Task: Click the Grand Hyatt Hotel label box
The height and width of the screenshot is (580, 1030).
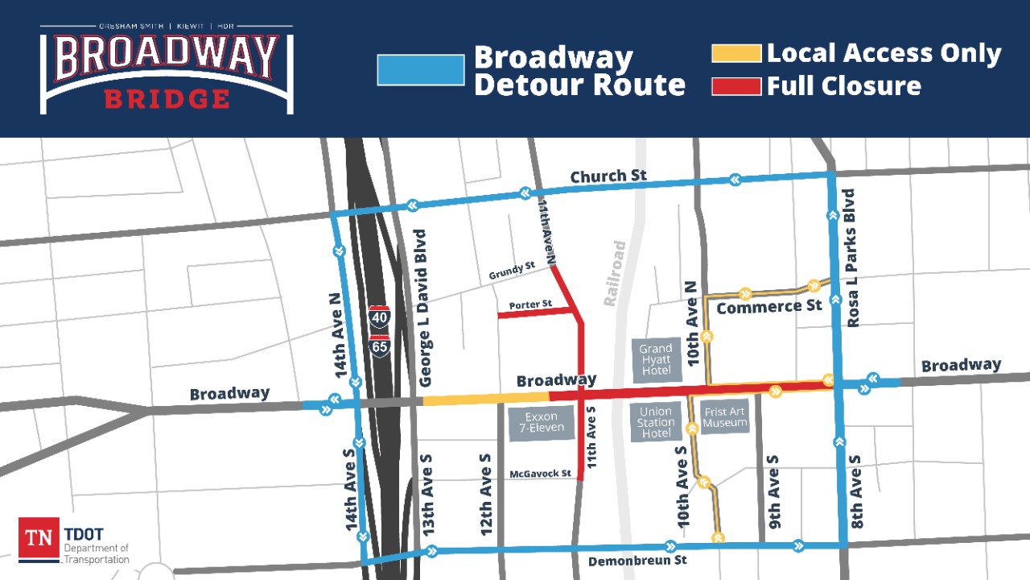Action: pos(656,359)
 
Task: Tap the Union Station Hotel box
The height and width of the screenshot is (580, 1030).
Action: pos(656,422)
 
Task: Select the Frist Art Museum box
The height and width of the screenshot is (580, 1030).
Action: pos(725,417)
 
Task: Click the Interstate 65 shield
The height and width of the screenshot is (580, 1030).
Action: pos(379,346)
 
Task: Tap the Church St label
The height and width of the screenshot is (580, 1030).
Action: pos(608,176)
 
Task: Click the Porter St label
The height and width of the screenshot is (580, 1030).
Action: pos(530,304)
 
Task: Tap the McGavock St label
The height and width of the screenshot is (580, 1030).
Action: pos(541,474)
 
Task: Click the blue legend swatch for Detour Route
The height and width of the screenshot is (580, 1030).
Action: pos(421,70)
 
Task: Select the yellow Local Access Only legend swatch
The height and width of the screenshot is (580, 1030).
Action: pos(736,54)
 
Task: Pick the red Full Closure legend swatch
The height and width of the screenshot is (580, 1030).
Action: pos(736,85)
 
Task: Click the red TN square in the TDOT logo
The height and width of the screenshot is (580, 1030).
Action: pos(39,539)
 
